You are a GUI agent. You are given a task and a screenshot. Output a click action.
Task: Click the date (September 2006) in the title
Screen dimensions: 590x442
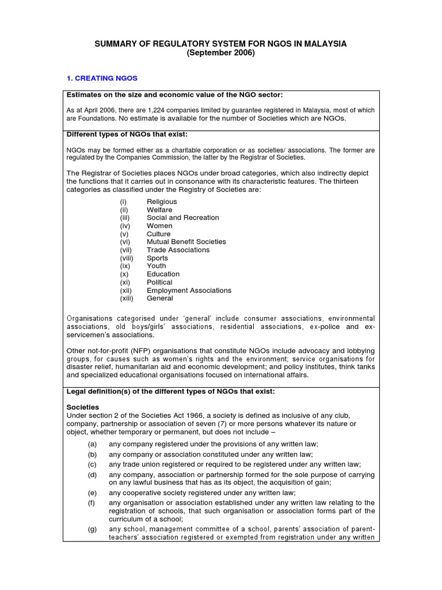point(220,53)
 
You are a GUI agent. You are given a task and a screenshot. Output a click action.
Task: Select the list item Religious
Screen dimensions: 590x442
point(162,202)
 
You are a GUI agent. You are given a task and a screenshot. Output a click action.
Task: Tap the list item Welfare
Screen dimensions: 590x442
point(159,210)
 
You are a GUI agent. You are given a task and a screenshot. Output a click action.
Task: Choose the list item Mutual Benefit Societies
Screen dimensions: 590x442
point(186,242)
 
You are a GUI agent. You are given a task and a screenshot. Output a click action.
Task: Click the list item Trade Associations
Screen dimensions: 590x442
point(178,250)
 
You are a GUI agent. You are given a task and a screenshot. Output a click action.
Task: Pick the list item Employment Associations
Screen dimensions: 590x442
point(189,290)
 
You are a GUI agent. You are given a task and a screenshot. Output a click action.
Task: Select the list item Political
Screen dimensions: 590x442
point(159,282)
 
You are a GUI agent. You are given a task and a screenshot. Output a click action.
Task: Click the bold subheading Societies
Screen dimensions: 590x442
point(83,406)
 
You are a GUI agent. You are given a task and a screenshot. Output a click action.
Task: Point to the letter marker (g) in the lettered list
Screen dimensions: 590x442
point(92,530)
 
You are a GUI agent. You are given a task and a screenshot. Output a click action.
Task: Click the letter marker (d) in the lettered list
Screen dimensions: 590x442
point(92,475)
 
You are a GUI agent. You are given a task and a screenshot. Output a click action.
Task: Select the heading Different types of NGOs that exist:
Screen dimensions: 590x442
point(127,134)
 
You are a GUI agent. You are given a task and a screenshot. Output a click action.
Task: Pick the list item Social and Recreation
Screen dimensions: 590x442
point(182,218)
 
